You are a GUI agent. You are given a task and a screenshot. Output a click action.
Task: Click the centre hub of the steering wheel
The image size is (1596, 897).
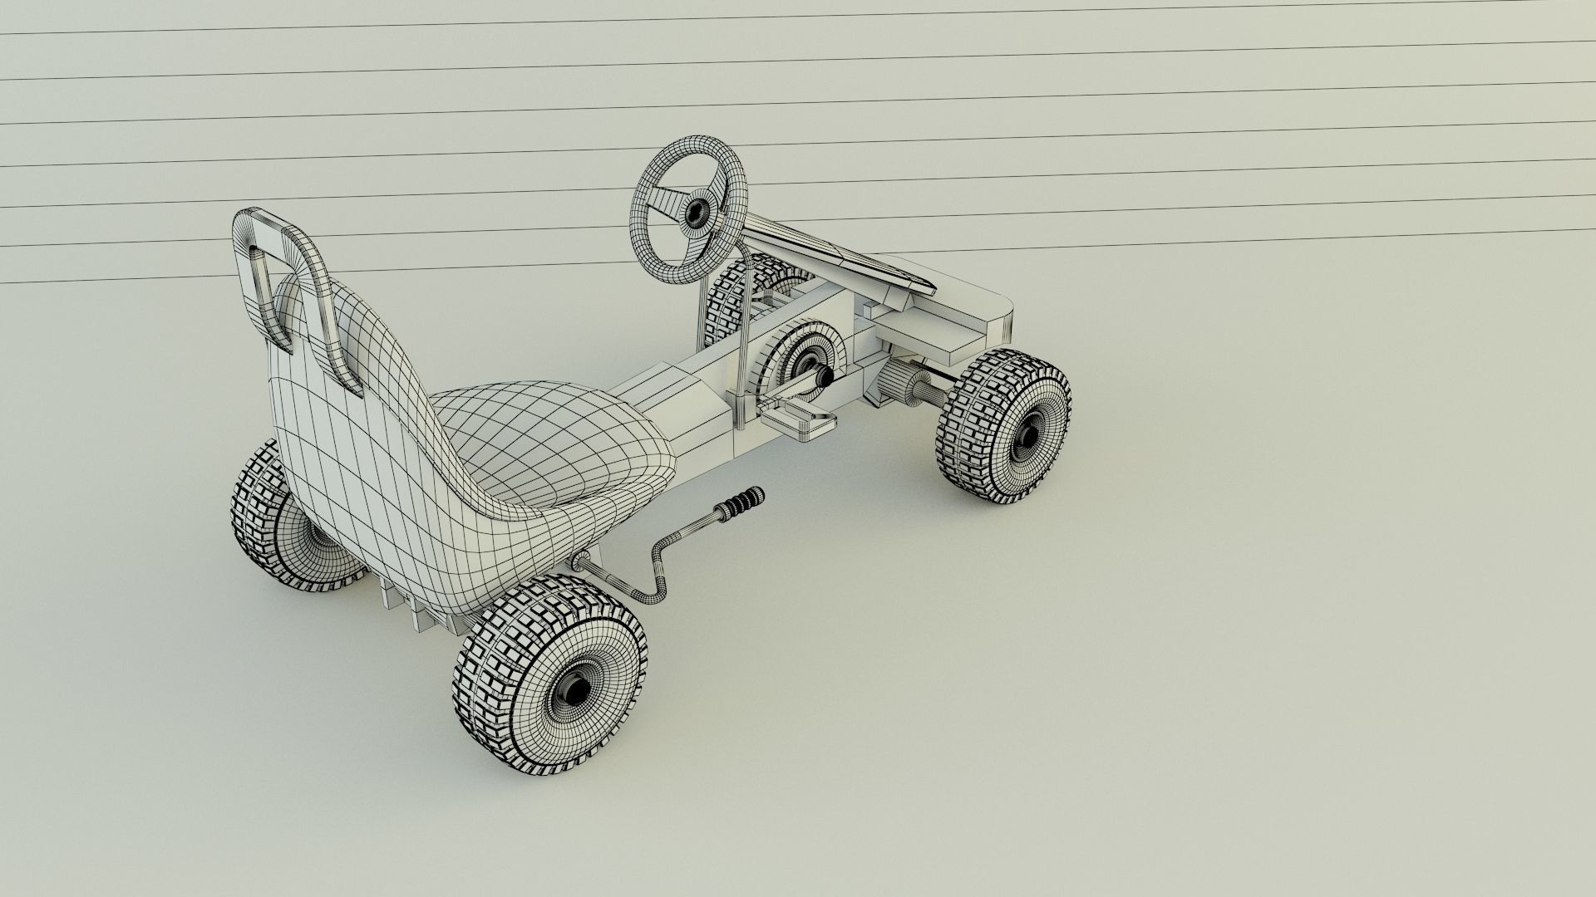point(695,213)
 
